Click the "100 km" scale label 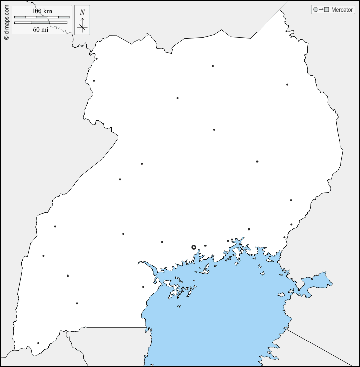(41, 11)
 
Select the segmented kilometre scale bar (41, 17)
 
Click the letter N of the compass (82, 12)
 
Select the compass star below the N (82, 27)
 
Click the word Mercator (342, 10)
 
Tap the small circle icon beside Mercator (316, 10)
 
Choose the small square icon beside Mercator (326, 10)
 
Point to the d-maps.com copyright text (6, 21)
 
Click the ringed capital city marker (194, 247)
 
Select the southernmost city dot (38, 343)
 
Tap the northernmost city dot (96, 59)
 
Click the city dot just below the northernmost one (94, 81)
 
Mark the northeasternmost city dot (287, 85)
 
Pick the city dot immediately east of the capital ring (205, 246)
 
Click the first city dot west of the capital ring (162, 242)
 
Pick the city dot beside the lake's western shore (143, 287)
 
